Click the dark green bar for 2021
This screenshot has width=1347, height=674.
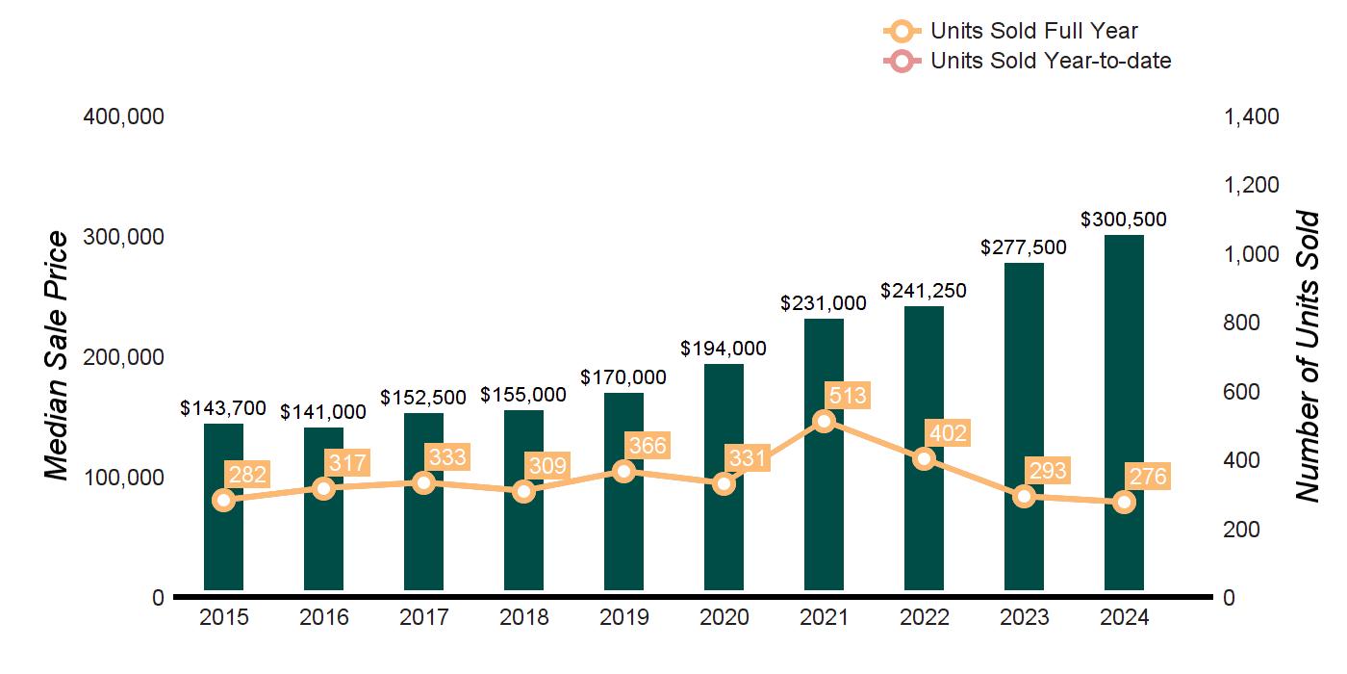[824, 501]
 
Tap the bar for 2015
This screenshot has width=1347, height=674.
[223, 539]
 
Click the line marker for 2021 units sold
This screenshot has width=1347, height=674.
[824, 421]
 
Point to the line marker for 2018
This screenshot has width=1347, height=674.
[523, 491]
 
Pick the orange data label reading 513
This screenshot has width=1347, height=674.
[848, 395]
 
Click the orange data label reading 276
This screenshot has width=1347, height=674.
[1148, 477]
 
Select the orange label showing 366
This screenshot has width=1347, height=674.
[648, 446]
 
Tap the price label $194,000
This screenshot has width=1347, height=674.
[724, 349]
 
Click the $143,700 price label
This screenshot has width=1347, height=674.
[223, 408]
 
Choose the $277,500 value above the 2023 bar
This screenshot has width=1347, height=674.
[1024, 247]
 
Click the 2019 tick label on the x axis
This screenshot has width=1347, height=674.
[623, 618]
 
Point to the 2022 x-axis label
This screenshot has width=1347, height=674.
[924, 618]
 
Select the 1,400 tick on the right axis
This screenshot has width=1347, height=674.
[1251, 117]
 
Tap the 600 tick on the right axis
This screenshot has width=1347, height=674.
[1242, 392]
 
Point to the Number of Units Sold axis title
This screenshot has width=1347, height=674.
[1307, 356]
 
